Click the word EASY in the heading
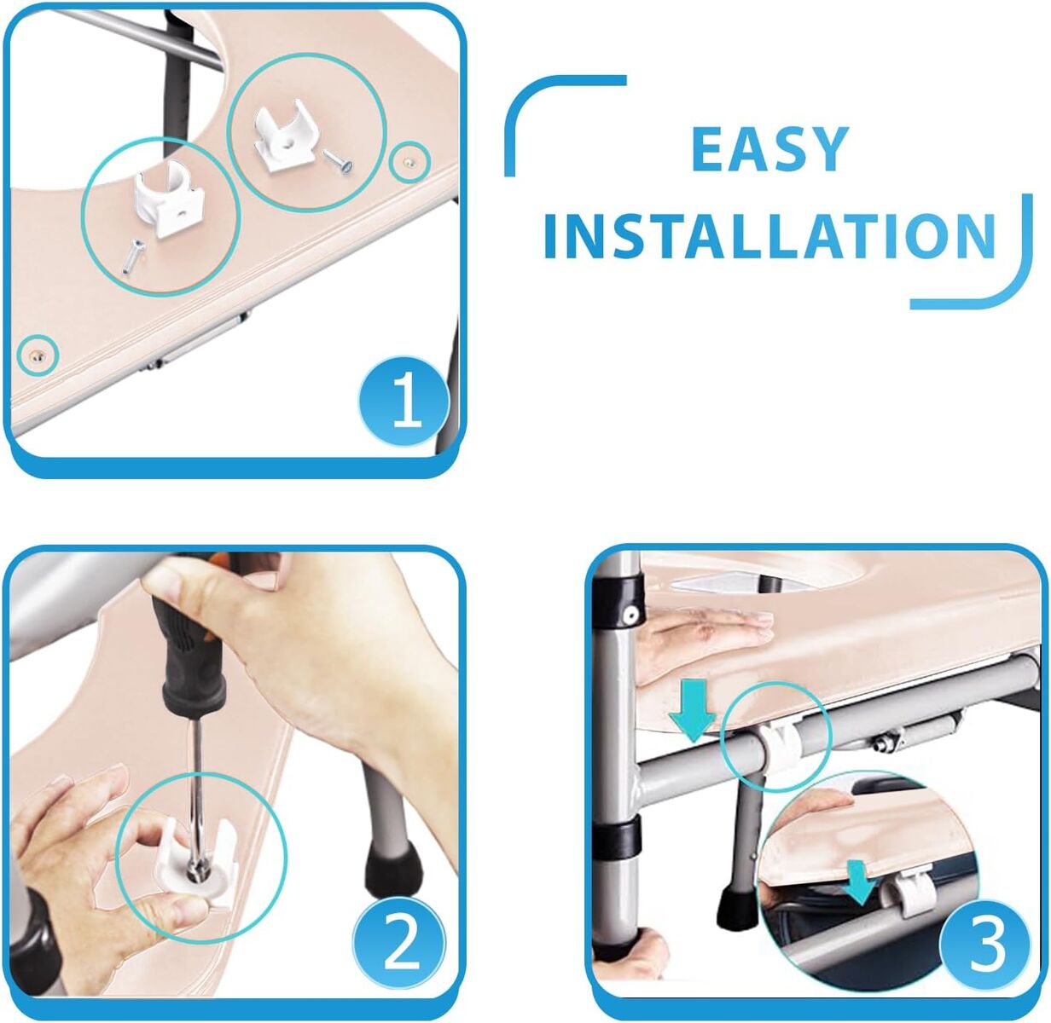tap(770, 149)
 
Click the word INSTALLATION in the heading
tap(769, 236)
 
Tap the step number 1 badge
tap(404, 401)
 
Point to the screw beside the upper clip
tap(338, 161)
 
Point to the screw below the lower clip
tap(133, 257)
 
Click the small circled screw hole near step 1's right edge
tap(409, 161)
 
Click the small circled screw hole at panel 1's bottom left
tap(38, 355)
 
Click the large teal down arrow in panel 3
tap(692, 709)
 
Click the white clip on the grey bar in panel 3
tap(781, 742)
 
